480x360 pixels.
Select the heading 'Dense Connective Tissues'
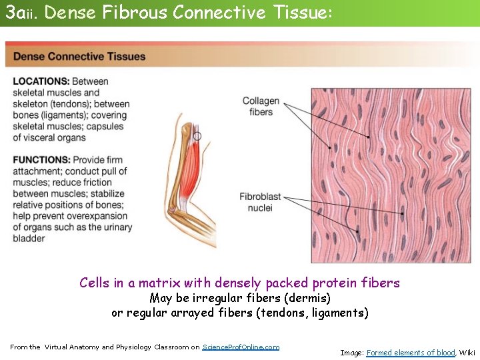[79, 57]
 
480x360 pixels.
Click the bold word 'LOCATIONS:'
[41, 81]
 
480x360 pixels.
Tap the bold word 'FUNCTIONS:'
[41, 160]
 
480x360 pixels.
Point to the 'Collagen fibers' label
[261, 106]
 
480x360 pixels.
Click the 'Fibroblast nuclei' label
[260, 202]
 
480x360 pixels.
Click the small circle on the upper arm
[197, 136]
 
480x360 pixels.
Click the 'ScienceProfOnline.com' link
[241, 347]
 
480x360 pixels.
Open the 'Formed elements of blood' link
[411, 353]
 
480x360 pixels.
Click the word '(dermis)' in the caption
[309, 298]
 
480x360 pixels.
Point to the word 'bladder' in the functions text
[29, 238]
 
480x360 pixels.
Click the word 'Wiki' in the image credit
[467, 353]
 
